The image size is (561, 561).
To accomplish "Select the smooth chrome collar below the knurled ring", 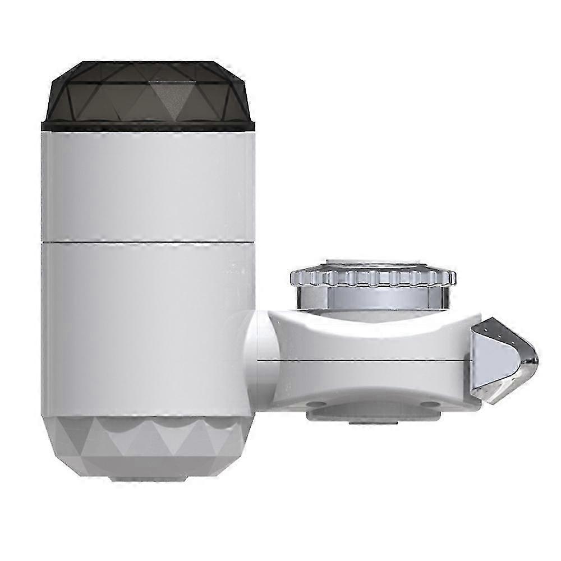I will click(374, 297).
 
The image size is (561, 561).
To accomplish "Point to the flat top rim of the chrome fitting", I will click(374, 268).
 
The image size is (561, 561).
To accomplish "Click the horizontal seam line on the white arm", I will click(365, 360).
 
